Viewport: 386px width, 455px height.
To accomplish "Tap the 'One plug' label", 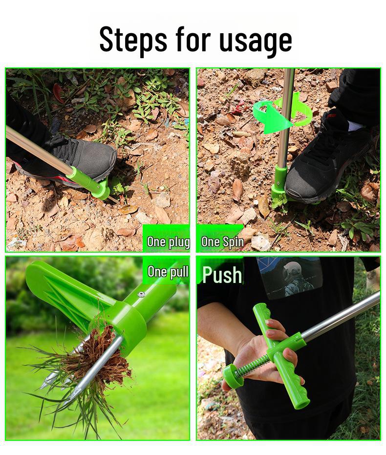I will (x=168, y=241).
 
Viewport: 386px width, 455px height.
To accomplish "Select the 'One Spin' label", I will (x=222, y=241).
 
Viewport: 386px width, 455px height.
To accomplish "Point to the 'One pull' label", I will (x=168, y=272).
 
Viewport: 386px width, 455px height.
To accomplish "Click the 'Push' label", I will (x=222, y=275).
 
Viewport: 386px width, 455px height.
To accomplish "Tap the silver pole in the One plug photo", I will (x=39, y=149).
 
